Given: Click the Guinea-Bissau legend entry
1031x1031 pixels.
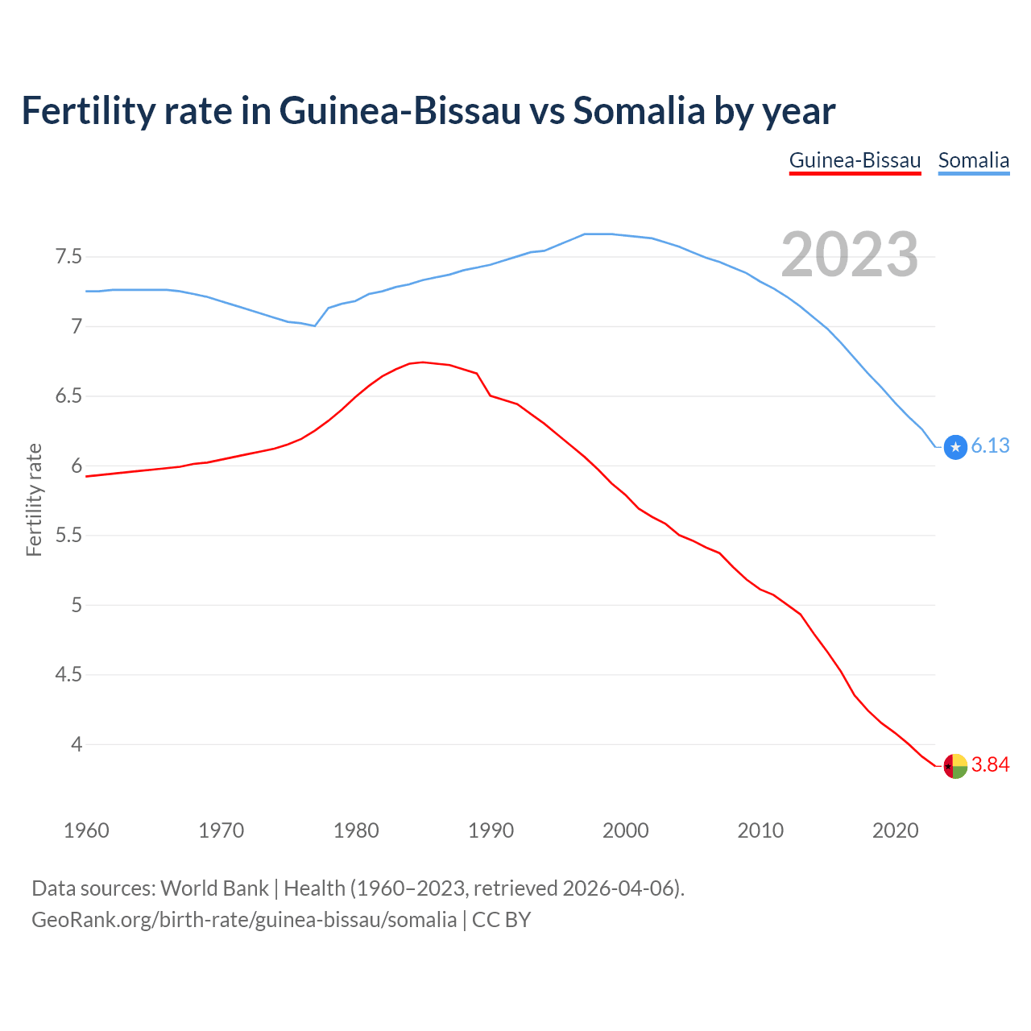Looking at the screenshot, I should click(855, 160).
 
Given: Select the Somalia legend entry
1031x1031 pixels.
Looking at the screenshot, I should click(973, 160).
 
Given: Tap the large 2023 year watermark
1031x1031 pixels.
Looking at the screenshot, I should click(850, 255).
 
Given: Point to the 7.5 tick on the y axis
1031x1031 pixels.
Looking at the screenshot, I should click(68, 257).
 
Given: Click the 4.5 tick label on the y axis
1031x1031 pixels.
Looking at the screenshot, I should click(68, 674).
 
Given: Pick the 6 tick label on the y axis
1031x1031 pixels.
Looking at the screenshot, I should click(77, 466).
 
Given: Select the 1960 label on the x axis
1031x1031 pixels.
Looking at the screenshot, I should click(86, 830).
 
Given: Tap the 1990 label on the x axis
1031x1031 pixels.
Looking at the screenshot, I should click(491, 830).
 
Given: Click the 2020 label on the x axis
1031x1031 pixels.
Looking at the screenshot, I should click(895, 830).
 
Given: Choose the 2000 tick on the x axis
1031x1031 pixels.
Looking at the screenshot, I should click(625, 830).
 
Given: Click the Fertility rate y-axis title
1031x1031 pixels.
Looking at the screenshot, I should click(34, 499).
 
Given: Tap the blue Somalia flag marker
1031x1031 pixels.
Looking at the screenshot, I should click(955, 446).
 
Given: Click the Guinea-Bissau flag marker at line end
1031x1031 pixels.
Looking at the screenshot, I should click(955, 766).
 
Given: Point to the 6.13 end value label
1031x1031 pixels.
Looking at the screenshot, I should click(990, 446).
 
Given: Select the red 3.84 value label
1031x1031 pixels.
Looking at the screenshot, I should click(990, 765).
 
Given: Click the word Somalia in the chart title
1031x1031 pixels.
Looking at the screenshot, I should click(639, 110).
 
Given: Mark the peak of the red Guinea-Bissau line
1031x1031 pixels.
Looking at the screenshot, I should click(423, 362).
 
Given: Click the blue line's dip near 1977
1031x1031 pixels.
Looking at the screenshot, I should click(315, 325).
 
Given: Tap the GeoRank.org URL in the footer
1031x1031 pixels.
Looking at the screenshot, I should click(244, 920).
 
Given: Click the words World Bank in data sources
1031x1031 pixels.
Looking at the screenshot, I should click(214, 888).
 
